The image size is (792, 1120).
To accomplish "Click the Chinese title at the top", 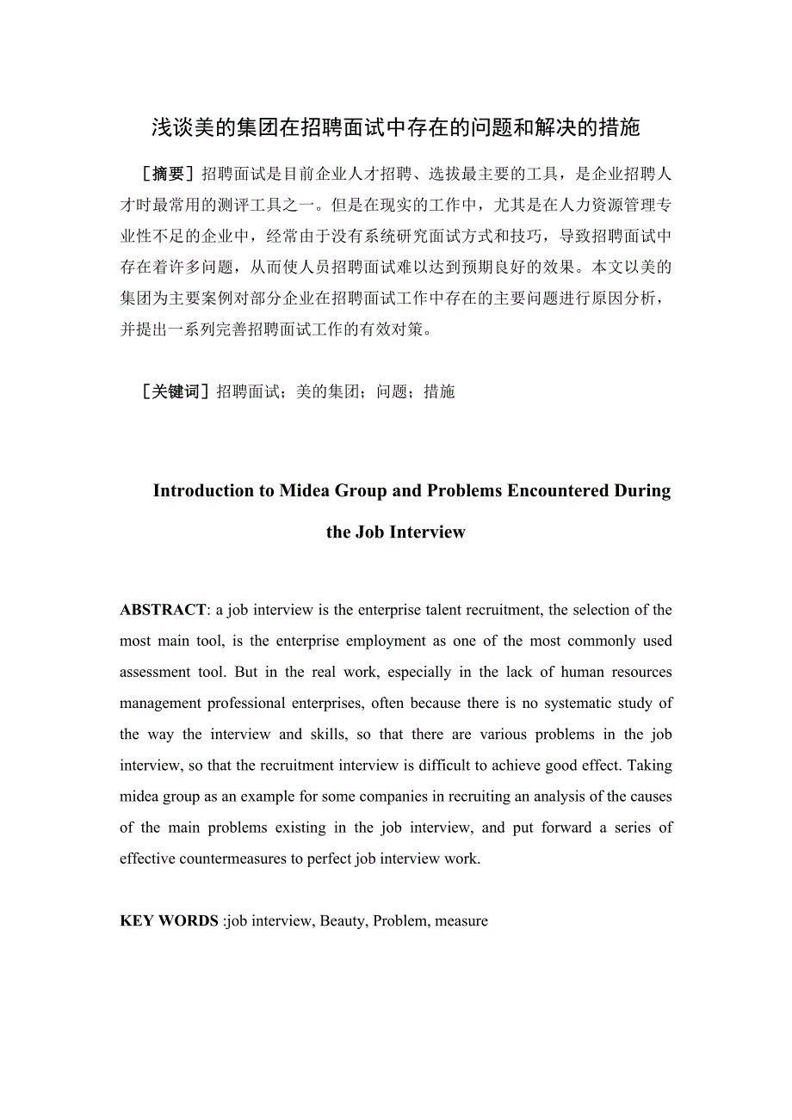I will (396, 128).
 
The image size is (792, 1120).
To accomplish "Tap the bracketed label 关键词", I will (175, 392).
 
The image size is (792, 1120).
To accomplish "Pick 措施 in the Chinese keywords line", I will (439, 392).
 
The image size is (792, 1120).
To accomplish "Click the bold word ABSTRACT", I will (163, 610).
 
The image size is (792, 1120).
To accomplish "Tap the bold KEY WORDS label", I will (169, 920).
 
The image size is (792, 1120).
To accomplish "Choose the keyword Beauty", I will (343, 920).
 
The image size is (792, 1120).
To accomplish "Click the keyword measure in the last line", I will (461, 920).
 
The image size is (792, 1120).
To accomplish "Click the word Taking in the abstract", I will (651, 766).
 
